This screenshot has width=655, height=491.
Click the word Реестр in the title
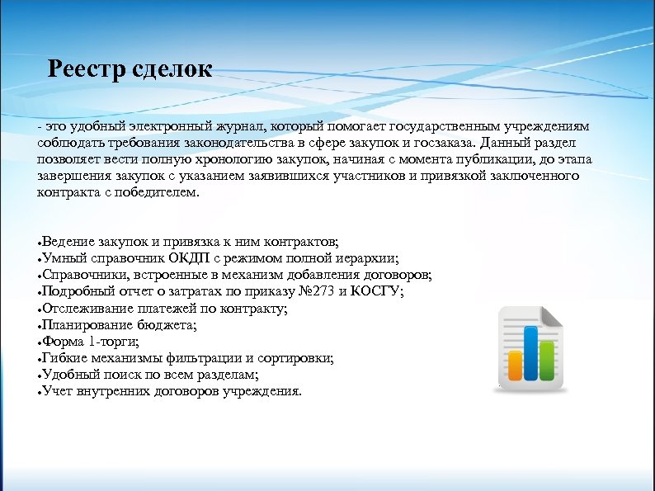[86, 68]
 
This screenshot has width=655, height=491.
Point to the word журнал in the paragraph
[238, 125]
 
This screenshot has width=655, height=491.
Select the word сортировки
[299, 358]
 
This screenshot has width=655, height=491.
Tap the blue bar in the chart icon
[530, 353]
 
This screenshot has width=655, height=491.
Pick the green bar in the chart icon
[546, 359]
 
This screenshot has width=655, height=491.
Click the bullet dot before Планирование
[39, 327]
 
